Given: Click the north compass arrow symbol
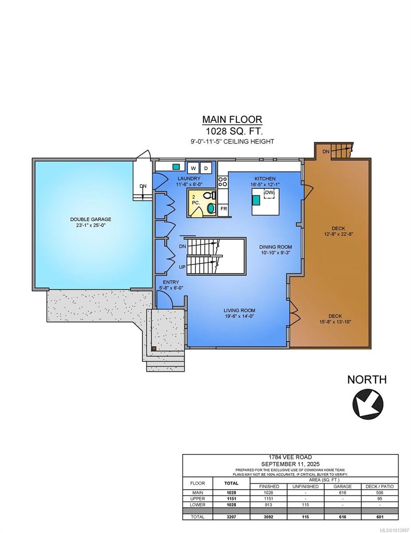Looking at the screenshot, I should coord(368,402).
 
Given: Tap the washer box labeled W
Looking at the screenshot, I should coord(193,168).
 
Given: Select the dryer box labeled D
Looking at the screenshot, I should coord(206,168).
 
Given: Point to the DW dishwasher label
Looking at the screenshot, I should coord(269,192).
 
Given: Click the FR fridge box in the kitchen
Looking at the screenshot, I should coord(223,208).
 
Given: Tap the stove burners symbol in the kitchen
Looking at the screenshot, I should coord(223,181).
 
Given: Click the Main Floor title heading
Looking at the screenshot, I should coord(232,119).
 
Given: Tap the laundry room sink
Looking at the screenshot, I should coord(176,167).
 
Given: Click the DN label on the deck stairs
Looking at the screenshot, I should coord(326,152).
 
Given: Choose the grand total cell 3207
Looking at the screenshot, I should coord(232,517).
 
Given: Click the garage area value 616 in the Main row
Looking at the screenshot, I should coord(342,493).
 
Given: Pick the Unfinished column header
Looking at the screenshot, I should coord(306,486).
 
